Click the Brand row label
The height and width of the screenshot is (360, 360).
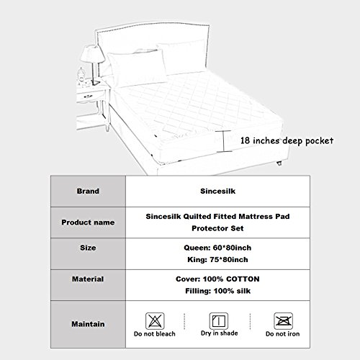pyautogui.click(x=88, y=191)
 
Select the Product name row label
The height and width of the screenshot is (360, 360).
pyautogui.click(x=88, y=222)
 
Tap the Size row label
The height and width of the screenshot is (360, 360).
pyautogui.click(x=88, y=248)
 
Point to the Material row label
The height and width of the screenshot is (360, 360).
pyautogui.click(x=88, y=279)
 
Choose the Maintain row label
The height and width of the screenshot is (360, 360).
pyautogui.click(x=88, y=324)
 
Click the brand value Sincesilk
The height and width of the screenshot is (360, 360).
pyautogui.click(x=217, y=191)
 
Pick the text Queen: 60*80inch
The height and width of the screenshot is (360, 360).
pyautogui.click(x=217, y=248)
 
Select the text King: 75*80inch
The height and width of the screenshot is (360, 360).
pyautogui.click(x=217, y=259)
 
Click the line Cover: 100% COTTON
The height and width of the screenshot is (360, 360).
pyautogui.click(x=217, y=279)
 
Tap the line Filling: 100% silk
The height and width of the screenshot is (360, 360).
pyautogui.click(x=217, y=291)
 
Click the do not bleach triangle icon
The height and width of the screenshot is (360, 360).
pyautogui.click(x=155, y=321)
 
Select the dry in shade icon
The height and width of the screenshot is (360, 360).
pyautogui.click(x=219, y=321)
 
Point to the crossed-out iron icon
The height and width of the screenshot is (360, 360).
pyautogui.click(x=283, y=321)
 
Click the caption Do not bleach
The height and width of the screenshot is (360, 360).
pyautogui.click(x=155, y=334)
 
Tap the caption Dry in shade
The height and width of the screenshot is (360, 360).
pyautogui.click(x=220, y=333)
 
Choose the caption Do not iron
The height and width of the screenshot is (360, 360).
pyautogui.click(x=283, y=334)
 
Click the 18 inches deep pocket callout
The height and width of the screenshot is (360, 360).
pyautogui.click(x=287, y=140)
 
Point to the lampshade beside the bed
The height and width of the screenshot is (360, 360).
pyautogui.click(x=92, y=54)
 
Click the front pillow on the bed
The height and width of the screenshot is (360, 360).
pyautogui.click(x=137, y=68)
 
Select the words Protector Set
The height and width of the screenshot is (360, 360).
pyautogui.click(x=217, y=228)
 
